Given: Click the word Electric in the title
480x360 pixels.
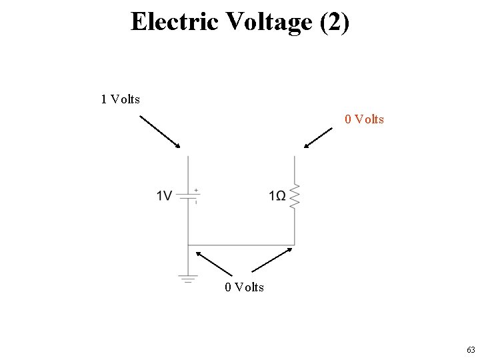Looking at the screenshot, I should coord(175,21).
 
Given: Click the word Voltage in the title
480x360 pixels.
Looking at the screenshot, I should coord(269,21).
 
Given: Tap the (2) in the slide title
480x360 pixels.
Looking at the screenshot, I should coord(334,21).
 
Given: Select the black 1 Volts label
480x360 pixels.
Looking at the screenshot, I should coord(121,99).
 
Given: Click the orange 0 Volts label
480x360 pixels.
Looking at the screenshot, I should coord(364,119).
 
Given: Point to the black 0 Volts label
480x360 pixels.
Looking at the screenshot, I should coord(244,287).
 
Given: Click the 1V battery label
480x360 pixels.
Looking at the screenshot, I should coord(165,195).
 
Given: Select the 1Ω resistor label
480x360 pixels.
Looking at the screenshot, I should coord(278,195).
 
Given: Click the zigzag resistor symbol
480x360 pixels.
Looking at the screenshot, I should coord(295,197).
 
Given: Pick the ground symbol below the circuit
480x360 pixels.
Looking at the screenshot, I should coord(188,279).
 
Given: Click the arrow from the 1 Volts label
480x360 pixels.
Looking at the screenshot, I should coord(160,131).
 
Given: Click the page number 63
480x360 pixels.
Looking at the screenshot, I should coord(471,349).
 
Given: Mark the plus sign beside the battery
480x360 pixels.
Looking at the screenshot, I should coord(196,190).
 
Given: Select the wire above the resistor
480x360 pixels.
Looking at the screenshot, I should coord(295,170).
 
